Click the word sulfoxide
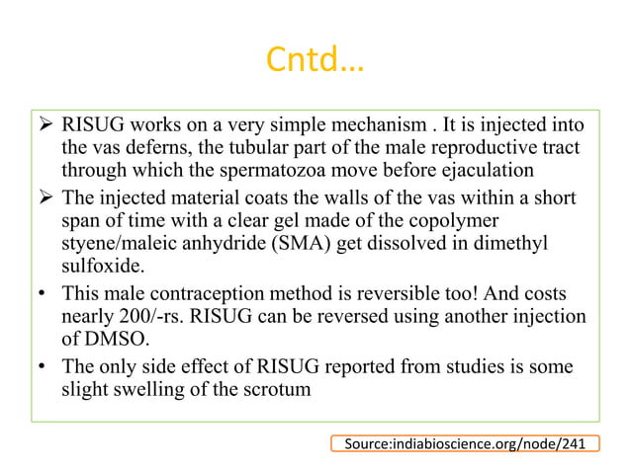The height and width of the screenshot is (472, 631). [x=104, y=265]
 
